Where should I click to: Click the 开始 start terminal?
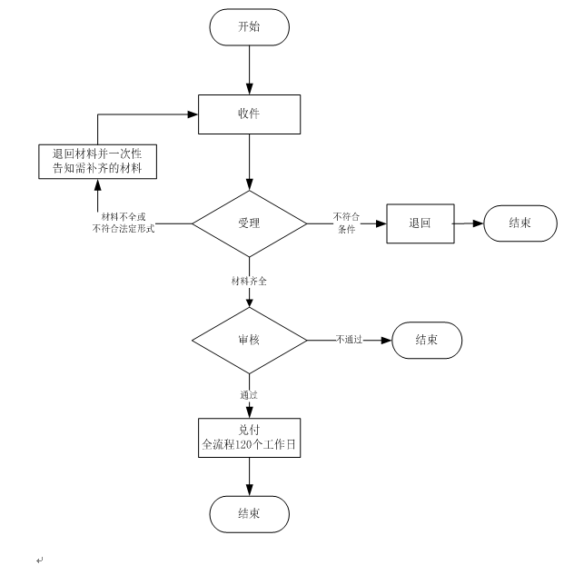pyautogui.click(x=249, y=26)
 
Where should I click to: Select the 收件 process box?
pyautogui.click(x=249, y=114)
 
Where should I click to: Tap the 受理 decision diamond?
pyautogui.click(x=249, y=223)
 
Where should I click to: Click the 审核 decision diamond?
pyautogui.click(x=249, y=340)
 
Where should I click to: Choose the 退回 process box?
pyautogui.click(x=419, y=223)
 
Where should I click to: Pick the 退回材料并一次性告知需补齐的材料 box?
pyautogui.click(x=97, y=161)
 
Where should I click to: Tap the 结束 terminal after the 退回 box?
pyautogui.click(x=520, y=223)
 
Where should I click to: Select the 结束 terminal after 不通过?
pyautogui.click(x=428, y=340)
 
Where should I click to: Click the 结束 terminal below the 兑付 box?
pyautogui.click(x=249, y=513)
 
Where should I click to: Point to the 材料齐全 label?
pyautogui.click(x=249, y=282)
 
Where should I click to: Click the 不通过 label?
pyautogui.click(x=349, y=340)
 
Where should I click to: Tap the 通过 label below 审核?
pyautogui.click(x=249, y=395)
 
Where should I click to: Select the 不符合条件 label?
pyautogui.click(x=346, y=223)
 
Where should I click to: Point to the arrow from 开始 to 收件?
pyautogui.click(x=249, y=69)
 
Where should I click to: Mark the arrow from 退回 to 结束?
pyautogui.click(x=467, y=223)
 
